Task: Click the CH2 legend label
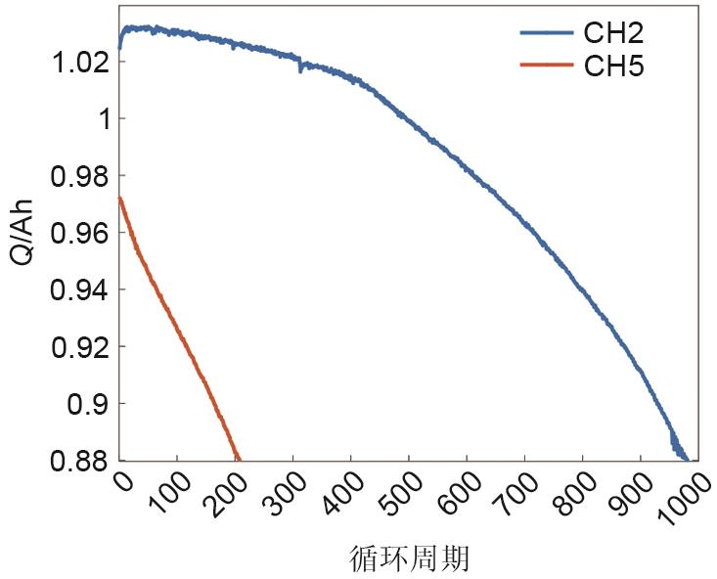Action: point(613,33)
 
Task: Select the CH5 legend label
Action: point(613,67)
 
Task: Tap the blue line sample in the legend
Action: point(546,33)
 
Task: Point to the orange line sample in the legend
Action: point(546,66)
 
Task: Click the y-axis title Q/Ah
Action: point(21,232)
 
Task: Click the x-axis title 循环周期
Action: point(410,558)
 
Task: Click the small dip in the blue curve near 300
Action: point(299,69)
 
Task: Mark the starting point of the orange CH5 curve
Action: point(119,198)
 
